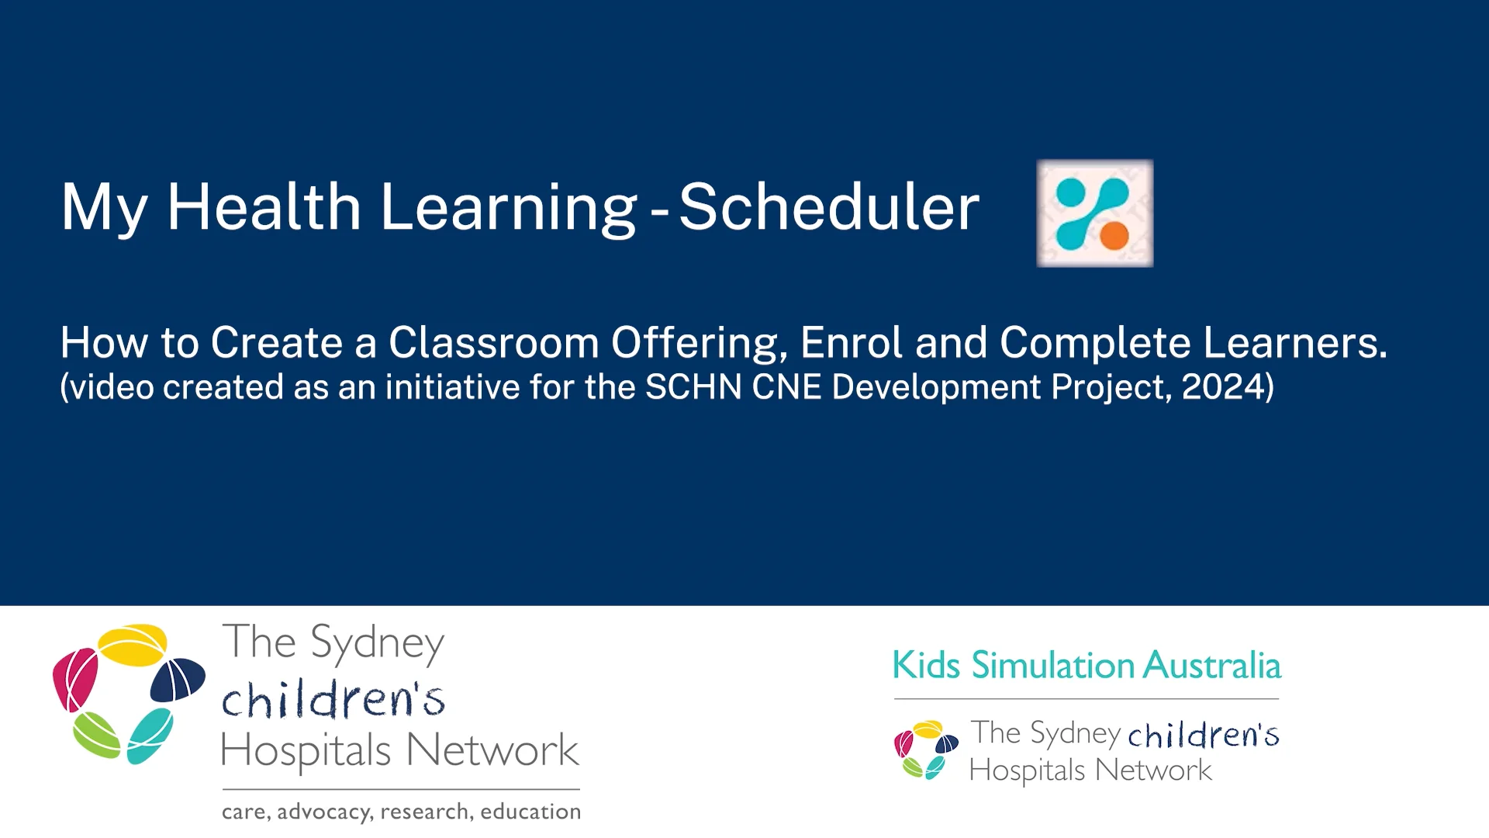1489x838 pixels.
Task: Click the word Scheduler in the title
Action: click(828, 207)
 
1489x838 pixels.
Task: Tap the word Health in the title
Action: click(264, 207)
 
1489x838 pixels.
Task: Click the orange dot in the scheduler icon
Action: click(1114, 235)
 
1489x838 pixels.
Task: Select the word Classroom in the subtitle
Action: click(493, 342)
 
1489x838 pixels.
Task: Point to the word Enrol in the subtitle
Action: click(851, 342)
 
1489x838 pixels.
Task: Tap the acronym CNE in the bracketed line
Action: click(786, 386)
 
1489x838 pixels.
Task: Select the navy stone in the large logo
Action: click(178, 680)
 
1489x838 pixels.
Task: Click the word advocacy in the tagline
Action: click(323, 812)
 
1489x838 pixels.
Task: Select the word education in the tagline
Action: click(530, 812)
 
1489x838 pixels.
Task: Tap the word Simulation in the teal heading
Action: click(1052, 665)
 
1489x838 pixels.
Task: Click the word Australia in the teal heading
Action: click(1211, 665)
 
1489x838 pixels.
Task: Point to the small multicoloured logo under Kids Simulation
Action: click(926, 750)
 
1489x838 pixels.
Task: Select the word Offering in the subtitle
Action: click(699, 342)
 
